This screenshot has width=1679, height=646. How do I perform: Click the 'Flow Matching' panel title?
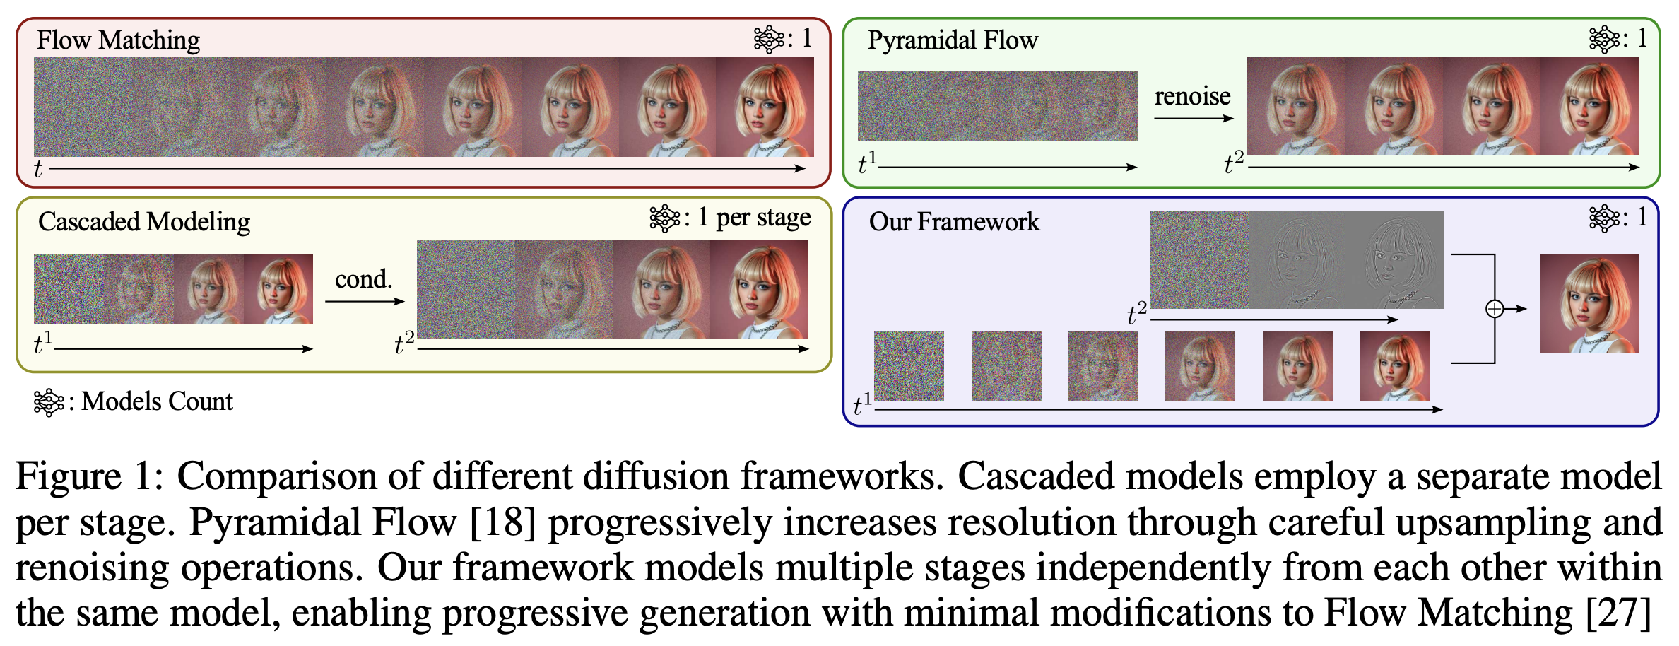tap(118, 40)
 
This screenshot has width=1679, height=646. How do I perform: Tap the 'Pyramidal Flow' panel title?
tap(953, 40)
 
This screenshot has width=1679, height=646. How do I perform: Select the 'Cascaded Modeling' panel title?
tap(144, 222)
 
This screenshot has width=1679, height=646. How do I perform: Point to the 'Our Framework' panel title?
tap(954, 222)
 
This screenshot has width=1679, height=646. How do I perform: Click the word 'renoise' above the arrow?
tap(1192, 96)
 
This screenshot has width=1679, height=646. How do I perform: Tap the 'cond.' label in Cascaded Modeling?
tap(363, 279)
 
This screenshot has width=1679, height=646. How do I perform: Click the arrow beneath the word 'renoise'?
tap(1193, 118)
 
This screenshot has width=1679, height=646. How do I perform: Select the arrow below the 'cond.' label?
tap(364, 301)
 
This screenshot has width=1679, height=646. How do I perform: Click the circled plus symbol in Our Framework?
tap(1495, 309)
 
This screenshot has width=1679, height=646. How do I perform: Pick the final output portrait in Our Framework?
tap(1589, 303)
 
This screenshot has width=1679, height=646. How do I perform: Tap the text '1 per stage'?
tap(754, 218)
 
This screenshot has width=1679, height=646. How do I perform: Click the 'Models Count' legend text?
tap(157, 401)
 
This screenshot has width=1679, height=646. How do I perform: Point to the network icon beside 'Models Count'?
tap(49, 401)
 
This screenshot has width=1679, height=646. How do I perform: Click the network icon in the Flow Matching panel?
tap(769, 40)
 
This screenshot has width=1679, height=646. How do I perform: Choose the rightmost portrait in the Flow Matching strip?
tap(765, 107)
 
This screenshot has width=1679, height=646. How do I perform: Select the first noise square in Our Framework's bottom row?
tap(909, 366)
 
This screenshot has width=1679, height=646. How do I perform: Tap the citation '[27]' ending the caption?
tap(1618, 613)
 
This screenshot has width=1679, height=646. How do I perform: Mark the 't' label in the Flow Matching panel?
tap(38, 169)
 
